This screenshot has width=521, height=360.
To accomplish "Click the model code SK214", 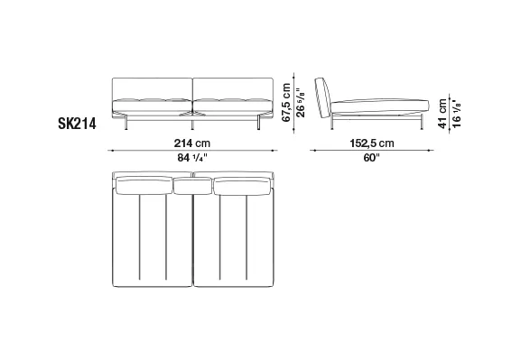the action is click(x=77, y=124).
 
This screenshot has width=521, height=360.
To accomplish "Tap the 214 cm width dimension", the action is click(x=192, y=143).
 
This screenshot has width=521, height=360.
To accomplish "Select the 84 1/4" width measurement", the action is click(x=192, y=157).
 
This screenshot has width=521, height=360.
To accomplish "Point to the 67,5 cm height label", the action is click(x=286, y=103).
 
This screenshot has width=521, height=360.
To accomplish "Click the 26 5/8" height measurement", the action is click(x=301, y=103).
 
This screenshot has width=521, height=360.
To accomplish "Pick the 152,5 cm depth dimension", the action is click(x=372, y=143).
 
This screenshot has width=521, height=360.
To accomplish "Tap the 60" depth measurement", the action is click(x=371, y=157).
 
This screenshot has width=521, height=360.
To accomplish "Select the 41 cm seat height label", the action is click(x=442, y=114).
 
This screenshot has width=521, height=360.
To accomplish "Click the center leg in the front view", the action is click(x=192, y=124).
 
